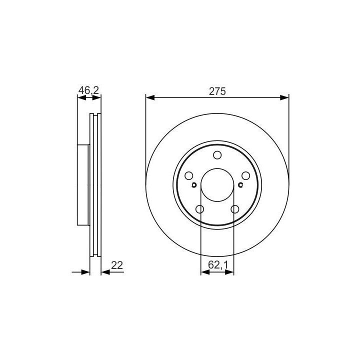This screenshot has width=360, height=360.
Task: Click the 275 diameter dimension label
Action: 217,91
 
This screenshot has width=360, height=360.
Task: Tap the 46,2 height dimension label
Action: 88,90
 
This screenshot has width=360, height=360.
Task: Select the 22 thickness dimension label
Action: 117,265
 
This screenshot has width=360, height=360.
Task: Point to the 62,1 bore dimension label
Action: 218,265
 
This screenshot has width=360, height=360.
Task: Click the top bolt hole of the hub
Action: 217,155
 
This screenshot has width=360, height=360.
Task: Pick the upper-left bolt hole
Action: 189,176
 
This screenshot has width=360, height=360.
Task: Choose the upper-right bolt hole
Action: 245,176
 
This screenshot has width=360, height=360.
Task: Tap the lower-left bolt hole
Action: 199,209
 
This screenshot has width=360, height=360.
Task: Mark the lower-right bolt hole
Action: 235,209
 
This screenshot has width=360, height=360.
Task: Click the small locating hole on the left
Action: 194,185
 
